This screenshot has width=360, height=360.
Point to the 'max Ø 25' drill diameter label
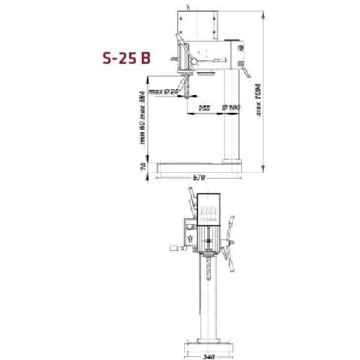click(x=165, y=92)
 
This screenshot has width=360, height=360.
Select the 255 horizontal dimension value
click(x=204, y=108)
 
